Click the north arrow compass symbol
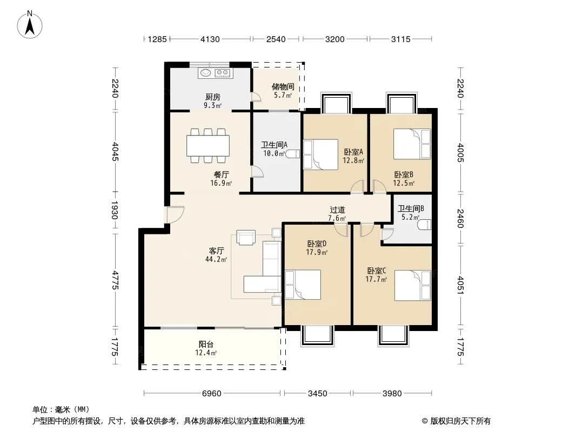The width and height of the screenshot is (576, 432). pos(30,25)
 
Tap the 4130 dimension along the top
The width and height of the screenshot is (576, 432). pos(210,39)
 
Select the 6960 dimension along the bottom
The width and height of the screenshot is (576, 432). pos(212,394)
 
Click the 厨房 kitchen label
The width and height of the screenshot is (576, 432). pos(213,97)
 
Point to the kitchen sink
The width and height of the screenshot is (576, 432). pos(205,73)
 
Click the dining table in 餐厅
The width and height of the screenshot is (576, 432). pos(208,146)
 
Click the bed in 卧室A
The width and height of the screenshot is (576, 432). pos(321,154)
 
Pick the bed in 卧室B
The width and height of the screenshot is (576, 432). pos(412,144)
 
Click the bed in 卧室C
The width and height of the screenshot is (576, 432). pos(412,286)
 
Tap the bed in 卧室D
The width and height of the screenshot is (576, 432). pos(303,285)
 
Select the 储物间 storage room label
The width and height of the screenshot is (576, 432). pos(283,86)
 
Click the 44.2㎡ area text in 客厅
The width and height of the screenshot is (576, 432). pos(216,260)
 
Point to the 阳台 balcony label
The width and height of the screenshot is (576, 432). pos(206,345)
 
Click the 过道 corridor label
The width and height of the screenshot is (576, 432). pos(337,210)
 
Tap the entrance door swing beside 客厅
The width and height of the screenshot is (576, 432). pos(175,215)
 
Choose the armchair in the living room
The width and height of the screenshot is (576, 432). pos(246,237)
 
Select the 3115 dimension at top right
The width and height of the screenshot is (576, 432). pos(401,39)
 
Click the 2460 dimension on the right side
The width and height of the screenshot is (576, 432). pos(460,218)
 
